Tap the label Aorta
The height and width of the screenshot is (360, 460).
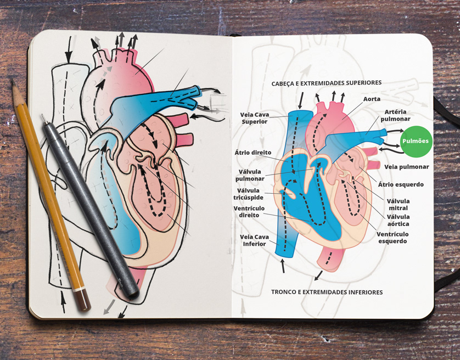click(372, 99)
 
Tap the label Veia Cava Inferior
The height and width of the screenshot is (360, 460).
click(253, 240)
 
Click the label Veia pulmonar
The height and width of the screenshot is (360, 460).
click(406, 167)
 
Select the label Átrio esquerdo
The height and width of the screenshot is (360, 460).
click(401, 184)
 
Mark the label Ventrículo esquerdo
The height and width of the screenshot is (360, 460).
click(392, 238)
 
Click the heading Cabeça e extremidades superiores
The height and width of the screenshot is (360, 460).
click(326, 83)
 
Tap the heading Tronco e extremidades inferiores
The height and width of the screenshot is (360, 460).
click(327, 292)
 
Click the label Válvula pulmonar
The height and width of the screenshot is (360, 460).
click(250, 175)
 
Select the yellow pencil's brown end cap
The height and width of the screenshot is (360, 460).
click(82, 301)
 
